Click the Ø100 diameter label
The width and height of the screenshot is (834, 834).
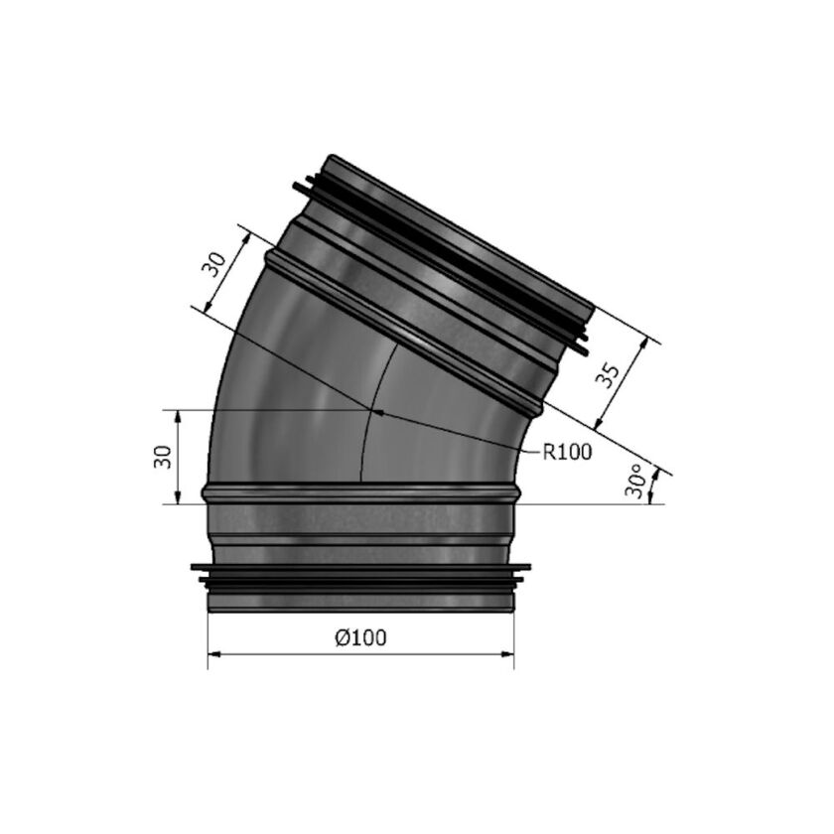360,639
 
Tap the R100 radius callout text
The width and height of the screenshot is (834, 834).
567,453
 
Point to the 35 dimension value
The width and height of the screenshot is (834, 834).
612,376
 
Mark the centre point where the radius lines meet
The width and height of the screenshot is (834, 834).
373,408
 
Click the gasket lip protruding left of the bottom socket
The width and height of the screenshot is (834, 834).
197,570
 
